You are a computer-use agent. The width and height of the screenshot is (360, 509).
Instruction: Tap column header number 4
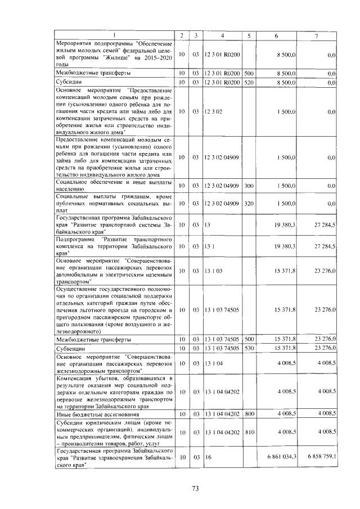click(x=223, y=36)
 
